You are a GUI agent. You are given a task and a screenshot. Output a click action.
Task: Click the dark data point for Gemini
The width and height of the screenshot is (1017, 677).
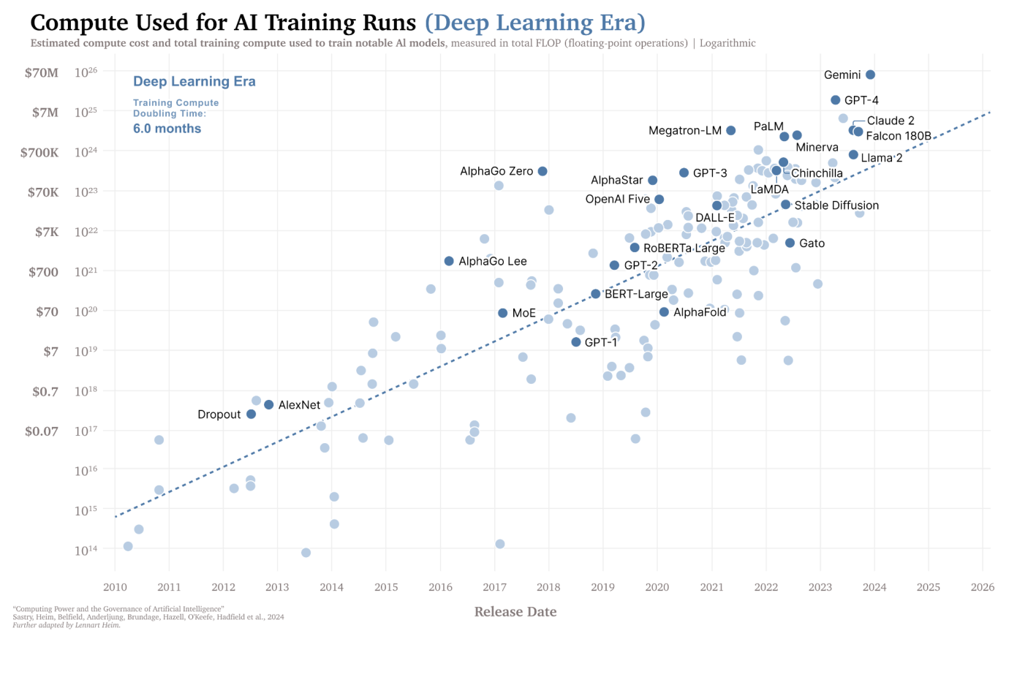click(870, 75)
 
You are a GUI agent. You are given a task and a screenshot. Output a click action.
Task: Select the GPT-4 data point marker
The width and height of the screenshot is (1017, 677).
click(836, 100)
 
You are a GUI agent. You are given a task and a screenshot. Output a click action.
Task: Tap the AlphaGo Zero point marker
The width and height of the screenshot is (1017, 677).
click(542, 171)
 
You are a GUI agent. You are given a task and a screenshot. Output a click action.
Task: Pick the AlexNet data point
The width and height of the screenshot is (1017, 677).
click(269, 405)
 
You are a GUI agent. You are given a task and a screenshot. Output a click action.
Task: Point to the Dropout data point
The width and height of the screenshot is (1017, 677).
click(252, 415)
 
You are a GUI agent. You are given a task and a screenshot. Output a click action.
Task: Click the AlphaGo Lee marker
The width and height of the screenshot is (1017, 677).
click(449, 261)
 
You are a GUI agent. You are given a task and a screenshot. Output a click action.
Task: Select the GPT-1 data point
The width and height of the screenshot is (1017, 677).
click(576, 342)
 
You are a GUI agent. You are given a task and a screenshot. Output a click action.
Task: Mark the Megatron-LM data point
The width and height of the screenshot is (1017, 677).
click(731, 131)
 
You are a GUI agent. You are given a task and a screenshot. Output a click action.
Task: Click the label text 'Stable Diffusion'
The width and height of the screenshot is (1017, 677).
click(836, 205)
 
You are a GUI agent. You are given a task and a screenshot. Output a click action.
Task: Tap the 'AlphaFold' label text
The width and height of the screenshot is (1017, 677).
click(700, 312)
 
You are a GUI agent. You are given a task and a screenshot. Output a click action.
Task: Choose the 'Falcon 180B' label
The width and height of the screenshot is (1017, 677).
click(899, 136)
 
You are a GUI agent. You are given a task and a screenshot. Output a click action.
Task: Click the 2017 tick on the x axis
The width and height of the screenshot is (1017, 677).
click(494, 587)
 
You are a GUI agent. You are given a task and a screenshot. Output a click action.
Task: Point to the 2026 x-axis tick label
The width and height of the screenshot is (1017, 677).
click(982, 587)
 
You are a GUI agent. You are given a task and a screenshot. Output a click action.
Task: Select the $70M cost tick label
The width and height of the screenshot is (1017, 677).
click(42, 73)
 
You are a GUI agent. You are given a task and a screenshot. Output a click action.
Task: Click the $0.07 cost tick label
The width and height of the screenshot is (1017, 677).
click(42, 431)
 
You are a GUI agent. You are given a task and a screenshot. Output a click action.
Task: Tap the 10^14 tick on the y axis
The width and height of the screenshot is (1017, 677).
click(86, 550)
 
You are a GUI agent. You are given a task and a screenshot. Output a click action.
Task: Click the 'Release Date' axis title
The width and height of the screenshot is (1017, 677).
click(515, 612)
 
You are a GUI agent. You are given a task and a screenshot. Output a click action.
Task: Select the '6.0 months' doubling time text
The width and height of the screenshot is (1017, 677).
click(167, 129)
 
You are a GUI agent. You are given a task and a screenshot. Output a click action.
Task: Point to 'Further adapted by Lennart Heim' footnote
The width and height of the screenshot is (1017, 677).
click(67, 625)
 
